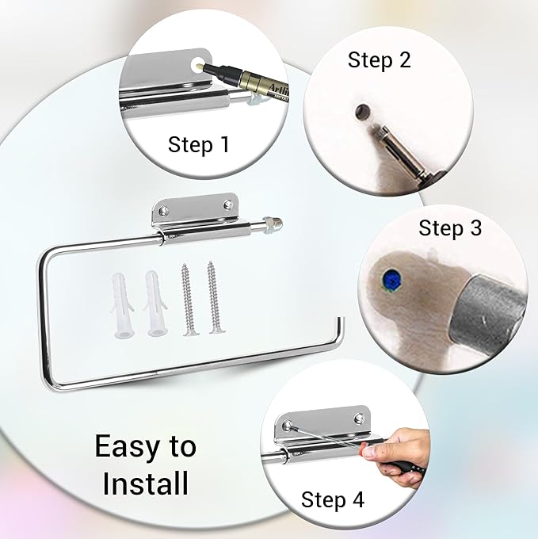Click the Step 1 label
tap(199, 144)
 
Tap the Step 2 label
tap(380, 59)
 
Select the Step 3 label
tap(450, 227)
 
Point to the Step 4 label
tap(333, 499)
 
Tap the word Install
tap(146, 484)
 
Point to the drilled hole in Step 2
tap(362, 112)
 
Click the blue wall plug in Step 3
tap(391, 279)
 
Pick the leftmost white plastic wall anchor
tap(121, 305)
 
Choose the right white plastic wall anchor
tap(155, 303)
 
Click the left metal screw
tap(187, 299)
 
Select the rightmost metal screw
tap(215, 298)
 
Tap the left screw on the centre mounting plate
tap(163, 209)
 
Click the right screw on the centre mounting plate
tap(227, 205)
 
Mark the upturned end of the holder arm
tap(339, 330)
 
